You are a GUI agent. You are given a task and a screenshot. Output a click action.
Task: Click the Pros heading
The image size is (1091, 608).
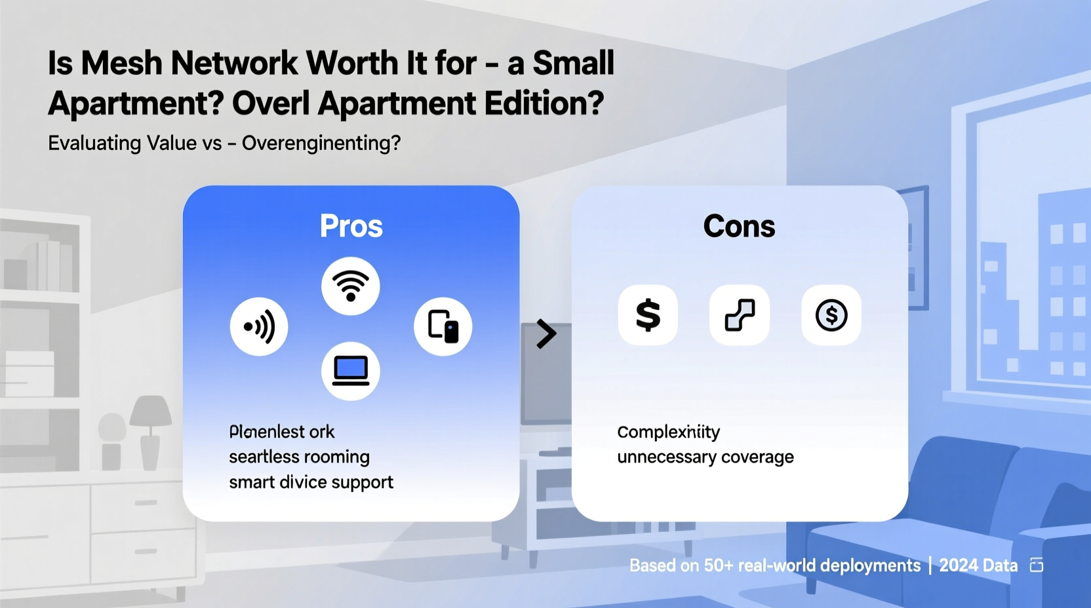click(351, 226)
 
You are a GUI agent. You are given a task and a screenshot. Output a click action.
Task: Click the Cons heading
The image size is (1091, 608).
click(739, 226)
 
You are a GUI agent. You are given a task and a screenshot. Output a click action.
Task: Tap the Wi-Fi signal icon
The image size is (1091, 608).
click(351, 286)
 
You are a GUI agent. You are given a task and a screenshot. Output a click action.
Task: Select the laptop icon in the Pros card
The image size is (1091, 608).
click(351, 371)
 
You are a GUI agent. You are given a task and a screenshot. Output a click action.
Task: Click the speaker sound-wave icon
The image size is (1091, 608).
click(259, 326)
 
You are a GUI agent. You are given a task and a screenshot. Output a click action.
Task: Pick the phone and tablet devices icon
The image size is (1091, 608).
click(443, 326)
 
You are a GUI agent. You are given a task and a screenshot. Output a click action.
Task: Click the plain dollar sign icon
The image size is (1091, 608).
click(648, 315)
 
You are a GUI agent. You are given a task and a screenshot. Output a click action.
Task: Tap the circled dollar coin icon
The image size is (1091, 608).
click(831, 315)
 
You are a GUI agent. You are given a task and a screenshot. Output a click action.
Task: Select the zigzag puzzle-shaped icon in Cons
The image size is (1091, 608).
click(740, 315)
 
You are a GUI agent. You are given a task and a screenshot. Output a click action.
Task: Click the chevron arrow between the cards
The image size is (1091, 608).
click(546, 334)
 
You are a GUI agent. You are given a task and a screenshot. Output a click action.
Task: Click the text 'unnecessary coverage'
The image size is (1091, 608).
click(705, 457)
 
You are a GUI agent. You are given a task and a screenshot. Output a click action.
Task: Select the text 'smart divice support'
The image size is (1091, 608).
click(311, 482)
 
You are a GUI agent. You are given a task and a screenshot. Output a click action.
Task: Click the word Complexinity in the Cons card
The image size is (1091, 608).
click(668, 432)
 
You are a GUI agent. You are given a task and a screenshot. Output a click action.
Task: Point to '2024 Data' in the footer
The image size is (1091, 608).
click(978, 565)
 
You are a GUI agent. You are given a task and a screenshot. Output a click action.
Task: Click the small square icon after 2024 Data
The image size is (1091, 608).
click(1037, 565)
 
